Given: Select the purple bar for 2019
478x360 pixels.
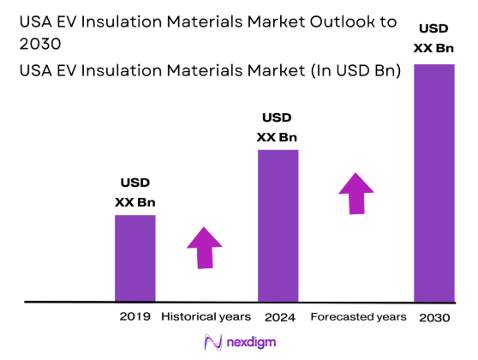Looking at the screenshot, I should click(x=135, y=258).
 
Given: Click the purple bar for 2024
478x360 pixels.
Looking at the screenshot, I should click(x=278, y=225).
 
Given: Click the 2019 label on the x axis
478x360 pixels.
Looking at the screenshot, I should click(x=136, y=316).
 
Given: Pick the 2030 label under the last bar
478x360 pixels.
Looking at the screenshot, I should click(x=435, y=316).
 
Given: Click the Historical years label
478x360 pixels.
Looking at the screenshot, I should click(x=206, y=316).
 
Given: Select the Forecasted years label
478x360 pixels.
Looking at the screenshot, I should click(x=358, y=316).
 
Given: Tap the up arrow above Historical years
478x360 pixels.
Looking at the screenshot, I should click(x=204, y=248).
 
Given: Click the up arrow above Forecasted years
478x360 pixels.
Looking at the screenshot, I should click(x=356, y=193).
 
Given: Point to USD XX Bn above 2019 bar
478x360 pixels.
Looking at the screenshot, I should click(x=135, y=193).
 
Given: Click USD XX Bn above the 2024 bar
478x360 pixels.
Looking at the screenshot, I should click(x=278, y=128).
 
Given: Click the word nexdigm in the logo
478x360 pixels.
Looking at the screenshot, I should click(x=254, y=343).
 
